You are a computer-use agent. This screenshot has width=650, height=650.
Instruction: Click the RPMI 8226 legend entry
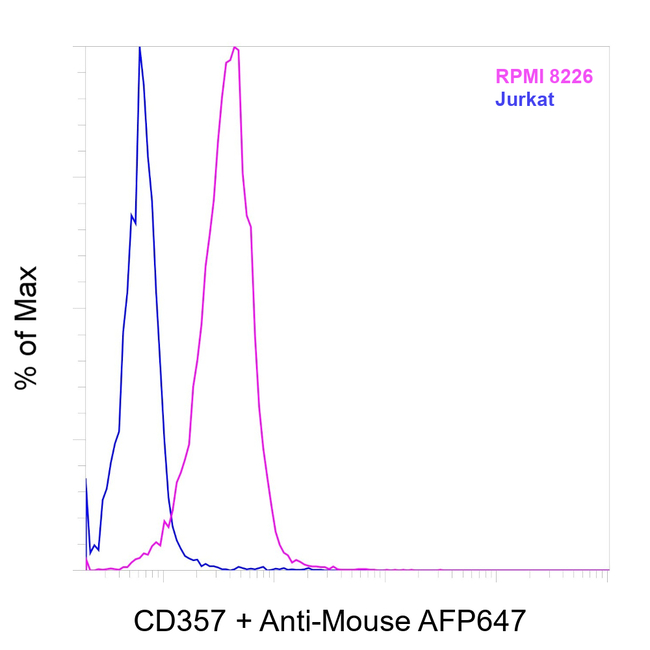pyautogui.click(x=546, y=75)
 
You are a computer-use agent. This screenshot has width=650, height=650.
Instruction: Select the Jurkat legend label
pyautogui.click(x=525, y=99)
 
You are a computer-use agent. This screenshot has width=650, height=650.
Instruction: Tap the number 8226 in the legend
pyautogui.click(x=573, y=75)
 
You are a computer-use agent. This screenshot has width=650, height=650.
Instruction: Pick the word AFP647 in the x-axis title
pyautogui.click(x=473, y=621)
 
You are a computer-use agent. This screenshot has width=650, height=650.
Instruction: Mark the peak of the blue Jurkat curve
pyautogui.click(x=139, y=47)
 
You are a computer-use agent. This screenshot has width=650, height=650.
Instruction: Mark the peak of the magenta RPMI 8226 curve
pyautogui.click(x=235, y=47)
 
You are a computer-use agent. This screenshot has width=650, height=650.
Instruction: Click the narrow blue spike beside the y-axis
pyautogui.click(x=87, y=482)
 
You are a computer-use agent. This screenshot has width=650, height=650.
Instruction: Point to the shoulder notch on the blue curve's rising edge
pyautogui.click(x=133, y=216)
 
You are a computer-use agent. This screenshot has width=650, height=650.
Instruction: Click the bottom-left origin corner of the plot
pyautogui.click(x=86, y=570)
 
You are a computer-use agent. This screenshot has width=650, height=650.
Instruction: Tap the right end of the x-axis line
pyautogui.click(x=608, y=570)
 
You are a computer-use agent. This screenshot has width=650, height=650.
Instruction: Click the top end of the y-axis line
pyautogui.click(x=86, y=46)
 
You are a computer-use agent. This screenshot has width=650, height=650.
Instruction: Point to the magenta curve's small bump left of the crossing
pyautogui.click(x=155, y=543)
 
